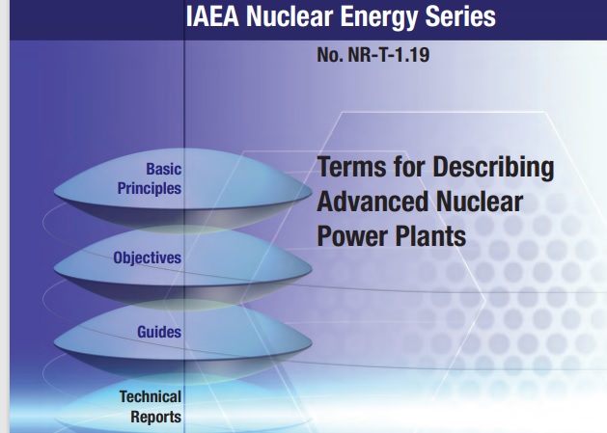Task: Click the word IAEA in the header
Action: coord(212,17)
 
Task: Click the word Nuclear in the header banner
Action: coord(290,17)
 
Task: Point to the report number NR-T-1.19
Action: coord(389,55)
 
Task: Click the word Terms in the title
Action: coord(351,167)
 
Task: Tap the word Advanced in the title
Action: coord(372,202)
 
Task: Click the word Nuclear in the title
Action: coord(479,202)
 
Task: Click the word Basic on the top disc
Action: coord(163,169)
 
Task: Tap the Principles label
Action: coord(149,189)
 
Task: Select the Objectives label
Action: coord(147,257)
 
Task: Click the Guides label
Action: coord(159,332)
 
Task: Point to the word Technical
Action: coord(151,396)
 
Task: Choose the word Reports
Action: coord(155,418)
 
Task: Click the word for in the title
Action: coord(409,167)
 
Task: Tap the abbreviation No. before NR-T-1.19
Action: coord(330,55)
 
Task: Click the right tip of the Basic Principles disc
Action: coord(312,191)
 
